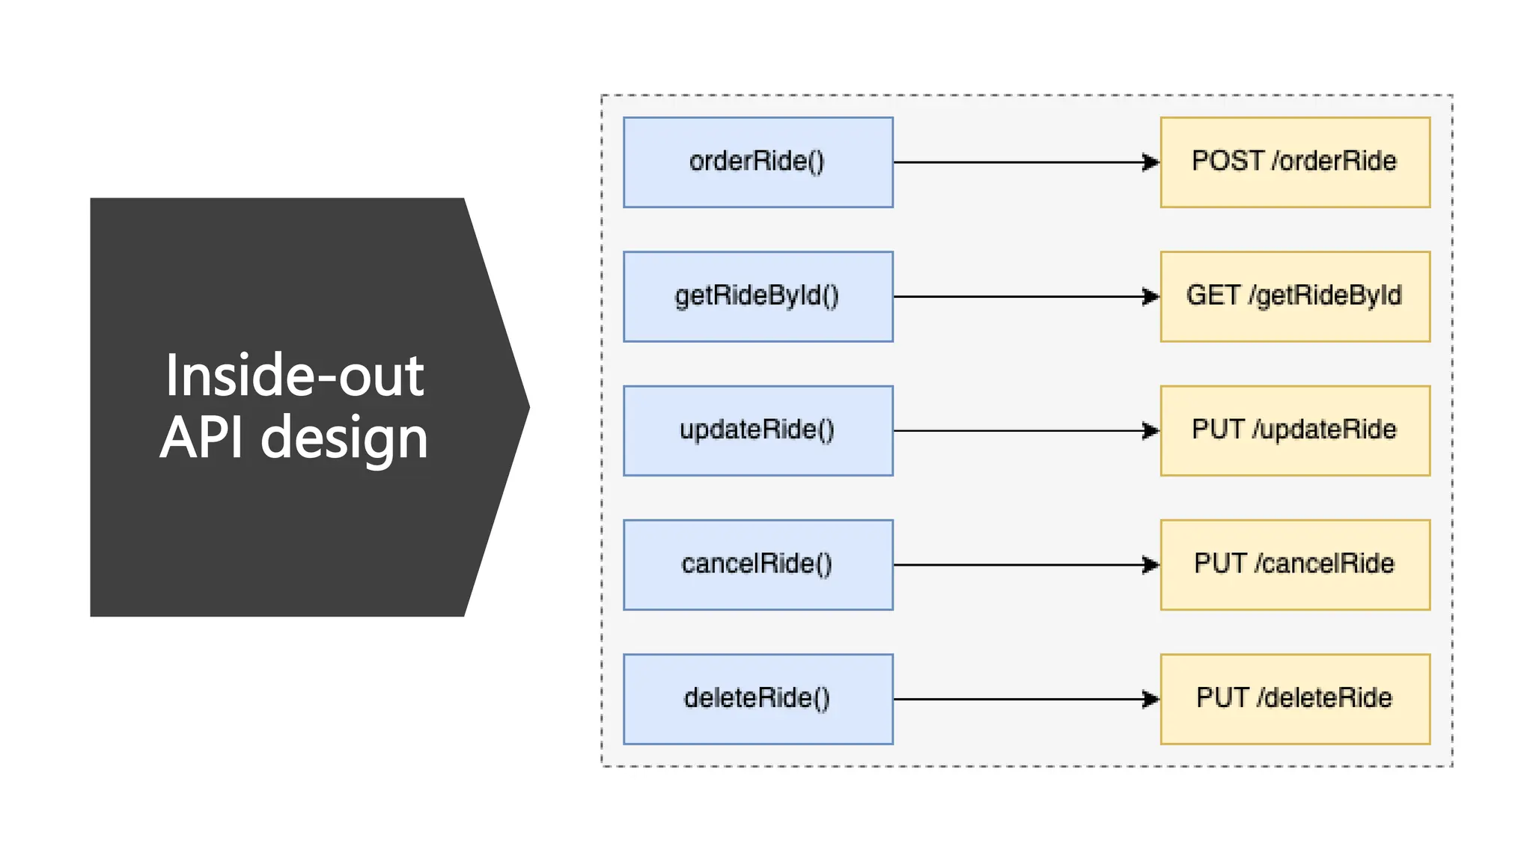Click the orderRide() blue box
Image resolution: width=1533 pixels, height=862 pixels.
point(758,162)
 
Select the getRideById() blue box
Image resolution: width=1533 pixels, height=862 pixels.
point(758,296)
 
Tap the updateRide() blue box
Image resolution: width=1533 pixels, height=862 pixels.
point(758,430)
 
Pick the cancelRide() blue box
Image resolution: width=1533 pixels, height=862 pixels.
point(758,564)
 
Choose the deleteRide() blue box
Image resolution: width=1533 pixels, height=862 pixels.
point(758,699)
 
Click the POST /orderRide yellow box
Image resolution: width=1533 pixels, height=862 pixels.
point(1295,162)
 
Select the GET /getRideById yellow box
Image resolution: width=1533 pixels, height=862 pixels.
point(1295,296)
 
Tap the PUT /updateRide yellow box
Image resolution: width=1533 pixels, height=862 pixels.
point(1295,430)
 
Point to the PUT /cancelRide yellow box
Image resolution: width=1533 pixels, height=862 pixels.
point(1295,564)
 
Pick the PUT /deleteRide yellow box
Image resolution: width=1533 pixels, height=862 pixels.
point(1295,699)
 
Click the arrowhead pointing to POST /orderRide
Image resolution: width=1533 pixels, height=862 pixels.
point(1150,162)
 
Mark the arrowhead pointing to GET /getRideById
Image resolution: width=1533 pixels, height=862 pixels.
point(1150,296)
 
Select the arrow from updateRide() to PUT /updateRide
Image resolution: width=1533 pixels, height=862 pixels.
point(1025,430)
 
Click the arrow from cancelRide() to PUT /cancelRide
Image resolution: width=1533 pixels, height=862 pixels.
point(1025,564)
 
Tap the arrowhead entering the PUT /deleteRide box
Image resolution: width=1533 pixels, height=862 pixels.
point(1150,699)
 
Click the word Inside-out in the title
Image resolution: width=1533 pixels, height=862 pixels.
point(294,376)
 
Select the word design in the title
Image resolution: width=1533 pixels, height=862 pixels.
point(344,438)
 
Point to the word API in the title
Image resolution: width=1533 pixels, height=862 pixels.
point(202,437)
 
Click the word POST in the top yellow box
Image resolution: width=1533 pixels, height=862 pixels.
point(1228,161)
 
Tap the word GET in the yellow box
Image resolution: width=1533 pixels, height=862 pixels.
point(1213,296)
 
